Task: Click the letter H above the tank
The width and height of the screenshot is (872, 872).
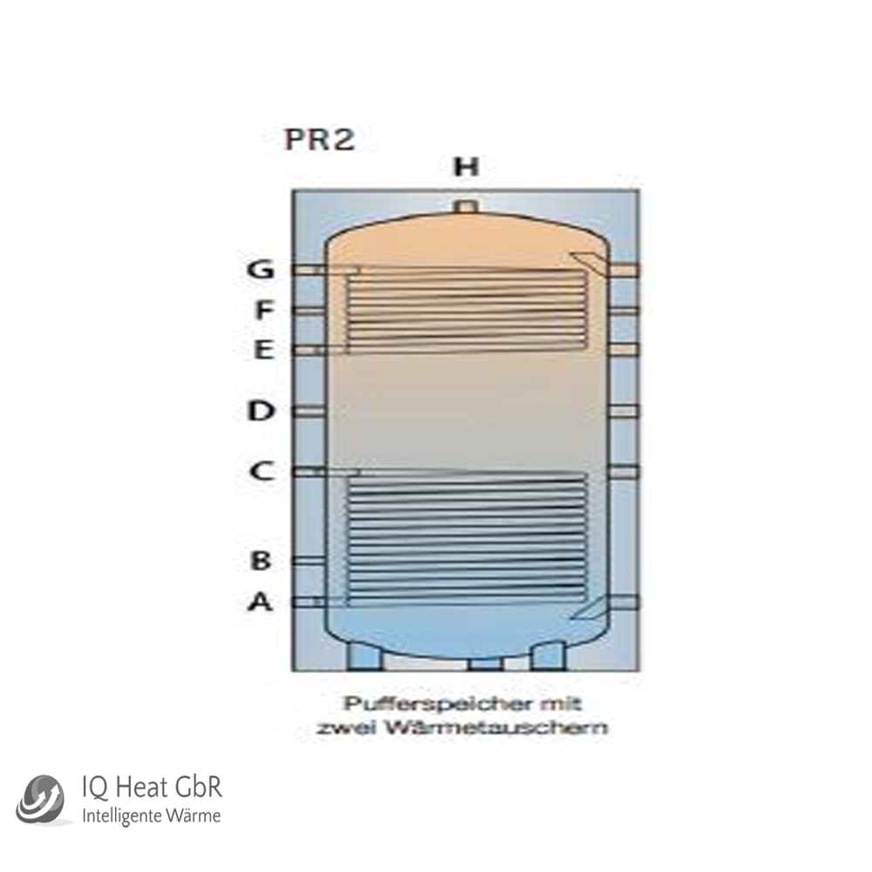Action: pos(466,167)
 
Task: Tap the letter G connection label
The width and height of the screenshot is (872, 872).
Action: pos(260,269)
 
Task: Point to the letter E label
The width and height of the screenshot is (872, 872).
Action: pos(263,351)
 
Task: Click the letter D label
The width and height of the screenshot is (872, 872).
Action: pos(260,411)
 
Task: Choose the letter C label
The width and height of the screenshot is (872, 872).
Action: pos(262,471)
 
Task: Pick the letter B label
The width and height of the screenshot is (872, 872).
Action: pos(261,560)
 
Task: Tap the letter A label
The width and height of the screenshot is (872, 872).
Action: pos(260,602)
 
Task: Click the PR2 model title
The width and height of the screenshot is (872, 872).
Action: pos(320,139)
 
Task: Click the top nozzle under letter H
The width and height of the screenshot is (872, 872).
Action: pos(466,207)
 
